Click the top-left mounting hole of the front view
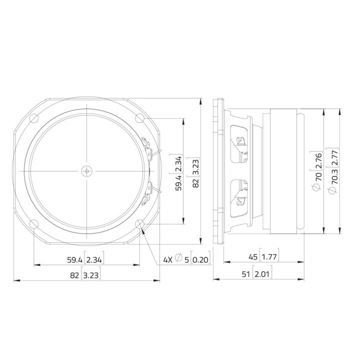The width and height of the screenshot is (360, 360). (x=33, y=118)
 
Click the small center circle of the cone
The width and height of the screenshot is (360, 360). (x=86, y=171)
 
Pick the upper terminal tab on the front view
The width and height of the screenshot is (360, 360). (x=149, y=150)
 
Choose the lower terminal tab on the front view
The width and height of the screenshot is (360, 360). (x=149, y=191)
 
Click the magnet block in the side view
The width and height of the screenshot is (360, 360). (x=285, y=171)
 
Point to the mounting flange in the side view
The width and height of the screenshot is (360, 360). (x=217, y=171)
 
